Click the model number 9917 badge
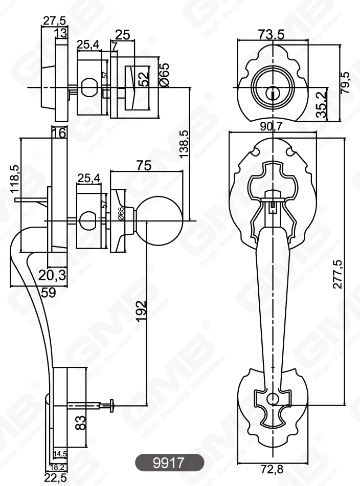[169, 462]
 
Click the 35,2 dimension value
[321, 105]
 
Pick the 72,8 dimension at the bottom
[272, 469]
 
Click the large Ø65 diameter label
[164, 76]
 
